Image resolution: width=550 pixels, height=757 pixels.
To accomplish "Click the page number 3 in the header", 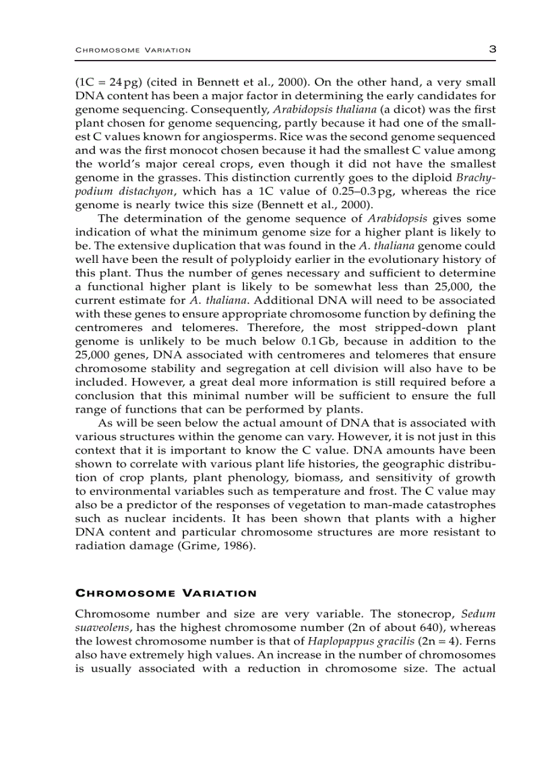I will [x=491, y=49].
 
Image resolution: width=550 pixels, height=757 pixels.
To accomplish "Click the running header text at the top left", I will [x=133, y=51].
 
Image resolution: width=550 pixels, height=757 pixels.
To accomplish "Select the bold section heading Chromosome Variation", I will [x=165, y=594].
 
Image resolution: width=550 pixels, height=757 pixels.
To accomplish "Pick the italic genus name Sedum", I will [x=479, y=614].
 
